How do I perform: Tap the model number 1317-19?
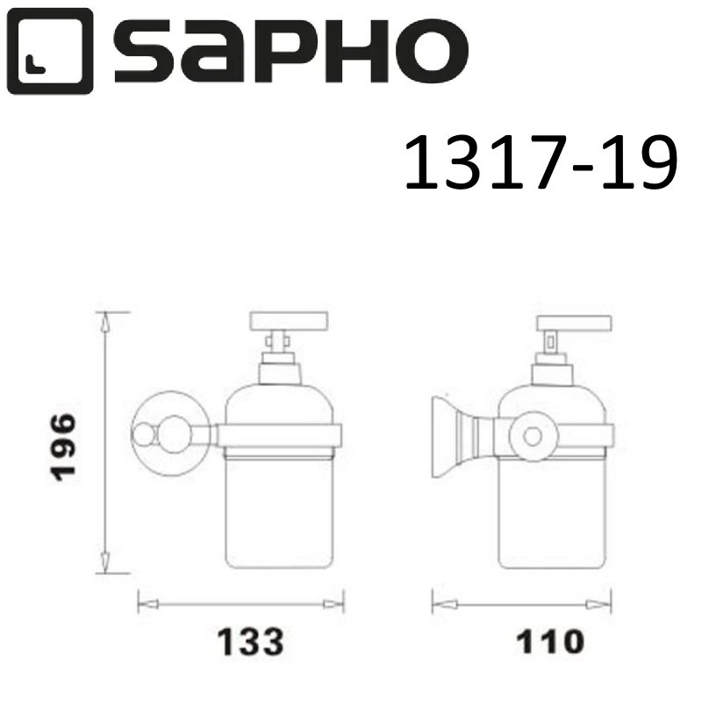pos(541,164)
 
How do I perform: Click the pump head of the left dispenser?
pos(289,320)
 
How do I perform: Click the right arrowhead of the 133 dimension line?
pos(333,604)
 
